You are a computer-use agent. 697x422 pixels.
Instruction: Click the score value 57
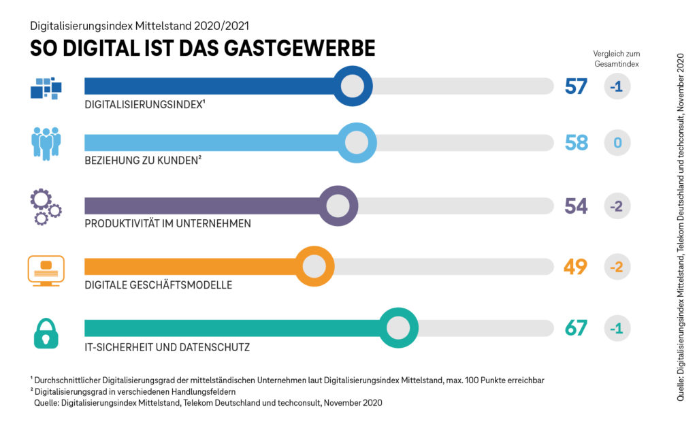pos(576,86)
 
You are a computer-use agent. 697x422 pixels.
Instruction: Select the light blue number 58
pos(576,143)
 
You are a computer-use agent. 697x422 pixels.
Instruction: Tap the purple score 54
pos(576,206)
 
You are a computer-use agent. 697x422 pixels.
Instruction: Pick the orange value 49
pos(576,267)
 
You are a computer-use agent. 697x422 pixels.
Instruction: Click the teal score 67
pos(576,328)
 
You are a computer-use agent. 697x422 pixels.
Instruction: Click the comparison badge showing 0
pos(617,143)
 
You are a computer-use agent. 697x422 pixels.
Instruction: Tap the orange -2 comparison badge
pos(617,267)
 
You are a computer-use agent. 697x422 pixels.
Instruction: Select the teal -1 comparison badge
pos(617,328)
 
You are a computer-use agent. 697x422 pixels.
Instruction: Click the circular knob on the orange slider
pos(314,266)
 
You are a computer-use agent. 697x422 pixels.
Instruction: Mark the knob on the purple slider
pos(338,205)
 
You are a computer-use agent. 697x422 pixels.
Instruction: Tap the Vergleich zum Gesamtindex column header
pos(616,59)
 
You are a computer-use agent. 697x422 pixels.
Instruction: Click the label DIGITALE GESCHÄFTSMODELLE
pos(158,285)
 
